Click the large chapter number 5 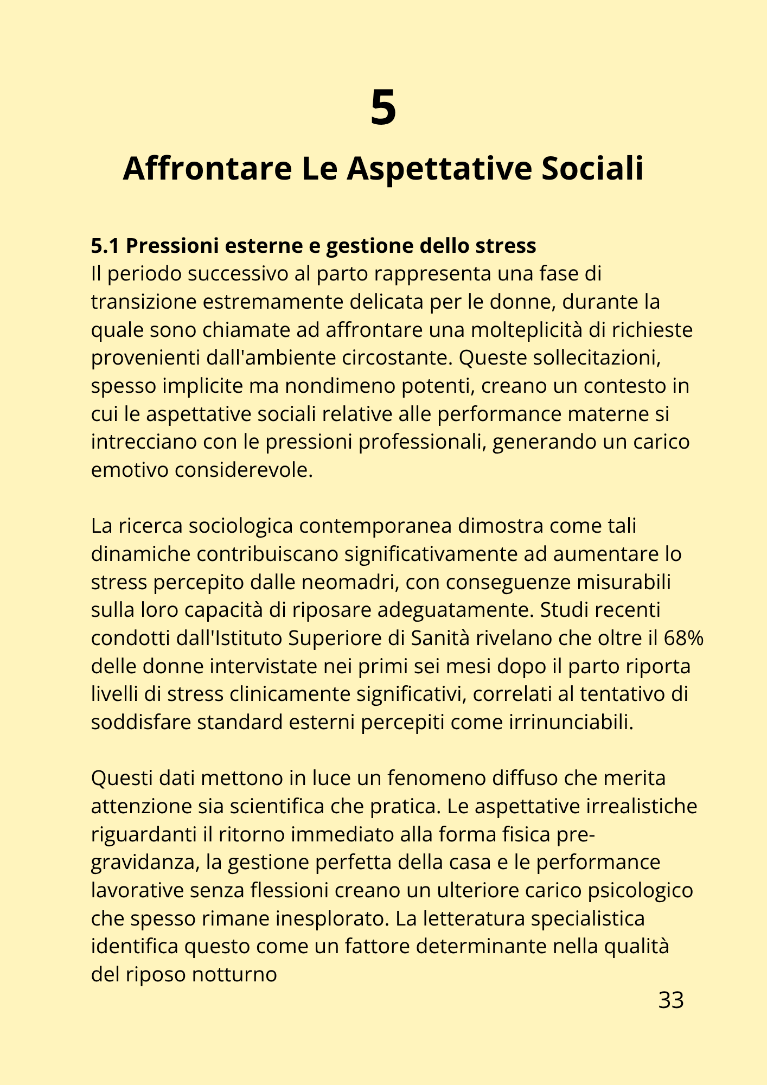pyautogui.click(x=383, y=108)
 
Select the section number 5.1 pyautogui.click(x=105, y=246)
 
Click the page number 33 pyautogui.click(x=670, y=1000)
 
